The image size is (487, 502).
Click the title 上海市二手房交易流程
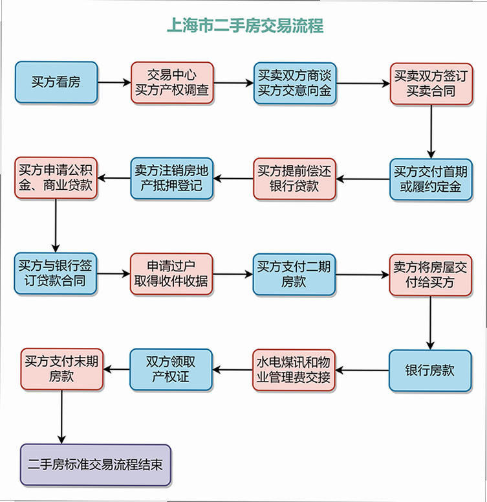[245, 26]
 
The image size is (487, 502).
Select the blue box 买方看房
[56, 83]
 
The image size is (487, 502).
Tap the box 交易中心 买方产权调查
[172, 83]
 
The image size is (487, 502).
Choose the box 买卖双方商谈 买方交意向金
[295, 84]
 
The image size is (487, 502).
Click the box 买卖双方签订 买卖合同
[431, 84]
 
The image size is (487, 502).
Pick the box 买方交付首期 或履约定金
[431, 179]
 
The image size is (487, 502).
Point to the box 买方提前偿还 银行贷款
[294, 179]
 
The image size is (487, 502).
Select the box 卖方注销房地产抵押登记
[172, 178]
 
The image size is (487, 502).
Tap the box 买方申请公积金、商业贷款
[56, 178]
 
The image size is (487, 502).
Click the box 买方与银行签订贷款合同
[56, 273]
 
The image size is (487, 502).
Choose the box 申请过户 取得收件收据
[171, 274]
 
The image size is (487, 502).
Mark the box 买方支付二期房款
[294, 275]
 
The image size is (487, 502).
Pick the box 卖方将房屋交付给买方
[430, 275]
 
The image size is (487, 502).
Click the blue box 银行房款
[430, 371]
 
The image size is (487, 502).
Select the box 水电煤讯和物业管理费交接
[294, 370]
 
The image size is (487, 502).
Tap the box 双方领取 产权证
[171, 370]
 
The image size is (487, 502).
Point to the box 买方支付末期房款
[61, 369]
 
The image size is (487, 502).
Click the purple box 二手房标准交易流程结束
[96, 465]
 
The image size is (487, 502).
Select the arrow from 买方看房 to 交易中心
[114, 83]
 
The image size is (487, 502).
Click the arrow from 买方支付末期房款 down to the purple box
[61, 417]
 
